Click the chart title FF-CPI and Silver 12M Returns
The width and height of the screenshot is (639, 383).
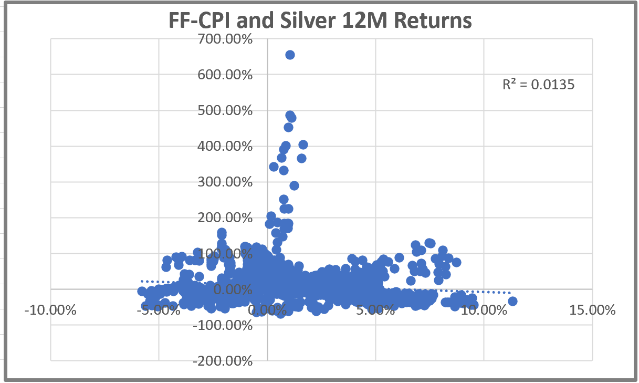click(x=320, y=22)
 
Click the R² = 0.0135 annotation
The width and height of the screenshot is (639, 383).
click(x=538, y=84)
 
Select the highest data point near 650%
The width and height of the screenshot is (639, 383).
click(x=290, y=55)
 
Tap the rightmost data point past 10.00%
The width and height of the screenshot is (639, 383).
click(x=512, y=301)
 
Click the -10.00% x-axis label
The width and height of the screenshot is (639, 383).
click(x=50, y=310)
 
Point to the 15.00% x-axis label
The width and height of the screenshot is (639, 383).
click(x=592, y=310)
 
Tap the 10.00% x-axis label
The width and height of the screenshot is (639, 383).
click(x=484, y=310)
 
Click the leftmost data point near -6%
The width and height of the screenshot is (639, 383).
click(x=142, y=291)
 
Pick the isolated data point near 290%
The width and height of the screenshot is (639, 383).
click(x=294, y=185)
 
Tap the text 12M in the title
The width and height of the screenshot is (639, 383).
click(x=368, y=22)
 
